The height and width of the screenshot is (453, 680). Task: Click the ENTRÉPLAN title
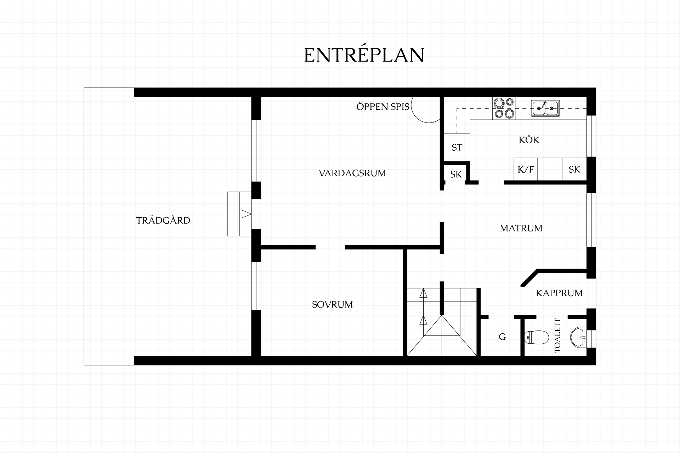click(364, 55)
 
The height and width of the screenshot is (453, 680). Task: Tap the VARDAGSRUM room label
click(352, 173)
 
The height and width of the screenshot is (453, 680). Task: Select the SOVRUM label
click(332, 304)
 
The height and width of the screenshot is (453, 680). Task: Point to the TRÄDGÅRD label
click(163, 220)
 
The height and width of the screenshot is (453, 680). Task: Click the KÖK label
click(529, 139)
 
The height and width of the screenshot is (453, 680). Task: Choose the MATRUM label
click(521, 228)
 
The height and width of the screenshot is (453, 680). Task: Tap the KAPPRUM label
click(559, 293)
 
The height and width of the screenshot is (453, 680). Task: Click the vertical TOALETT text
click(558, 336)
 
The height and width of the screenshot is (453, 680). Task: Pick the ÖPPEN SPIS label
click(383, 106)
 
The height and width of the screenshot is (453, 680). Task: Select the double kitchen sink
click(545, 108)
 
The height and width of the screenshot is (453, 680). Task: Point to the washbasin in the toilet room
click(578, 337)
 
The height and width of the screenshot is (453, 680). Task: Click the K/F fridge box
click(526, 170)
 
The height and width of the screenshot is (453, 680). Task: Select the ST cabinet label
click(457, 148)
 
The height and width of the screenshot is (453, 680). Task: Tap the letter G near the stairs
click(502, 337)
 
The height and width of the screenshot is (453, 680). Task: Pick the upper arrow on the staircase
click(423, 293)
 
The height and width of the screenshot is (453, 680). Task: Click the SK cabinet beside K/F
click(574, 170)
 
